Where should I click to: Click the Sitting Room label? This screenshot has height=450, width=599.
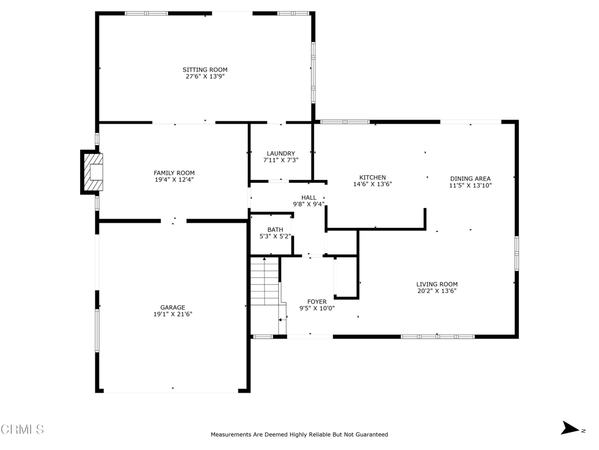[205, 70]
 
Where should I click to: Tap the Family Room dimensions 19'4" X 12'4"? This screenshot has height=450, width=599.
[174, 179]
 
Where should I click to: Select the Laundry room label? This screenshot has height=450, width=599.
[281, 154]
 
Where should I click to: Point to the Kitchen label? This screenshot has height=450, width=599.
[373, 178]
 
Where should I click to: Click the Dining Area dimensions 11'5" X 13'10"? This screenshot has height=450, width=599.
[470, 185]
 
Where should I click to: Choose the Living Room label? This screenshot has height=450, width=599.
[436, 284]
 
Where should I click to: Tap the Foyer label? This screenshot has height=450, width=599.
[316, 302]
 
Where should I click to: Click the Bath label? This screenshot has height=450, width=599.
[275, 230]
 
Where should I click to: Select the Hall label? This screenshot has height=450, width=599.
[309, 198]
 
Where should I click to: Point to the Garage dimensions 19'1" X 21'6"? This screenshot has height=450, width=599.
[173, 314]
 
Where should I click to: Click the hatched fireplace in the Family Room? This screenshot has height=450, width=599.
[94, 172]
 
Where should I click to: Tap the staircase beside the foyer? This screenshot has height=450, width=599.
[264, 281]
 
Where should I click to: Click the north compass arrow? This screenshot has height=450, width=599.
[570, 428]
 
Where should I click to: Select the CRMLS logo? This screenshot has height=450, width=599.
[22, 429]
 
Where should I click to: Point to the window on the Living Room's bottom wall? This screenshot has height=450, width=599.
[438, 337]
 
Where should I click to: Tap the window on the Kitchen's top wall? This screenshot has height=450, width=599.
[345, 122]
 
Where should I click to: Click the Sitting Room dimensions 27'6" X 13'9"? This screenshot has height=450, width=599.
[205, 77]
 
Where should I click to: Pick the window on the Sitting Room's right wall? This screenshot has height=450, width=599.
[314, 72]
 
